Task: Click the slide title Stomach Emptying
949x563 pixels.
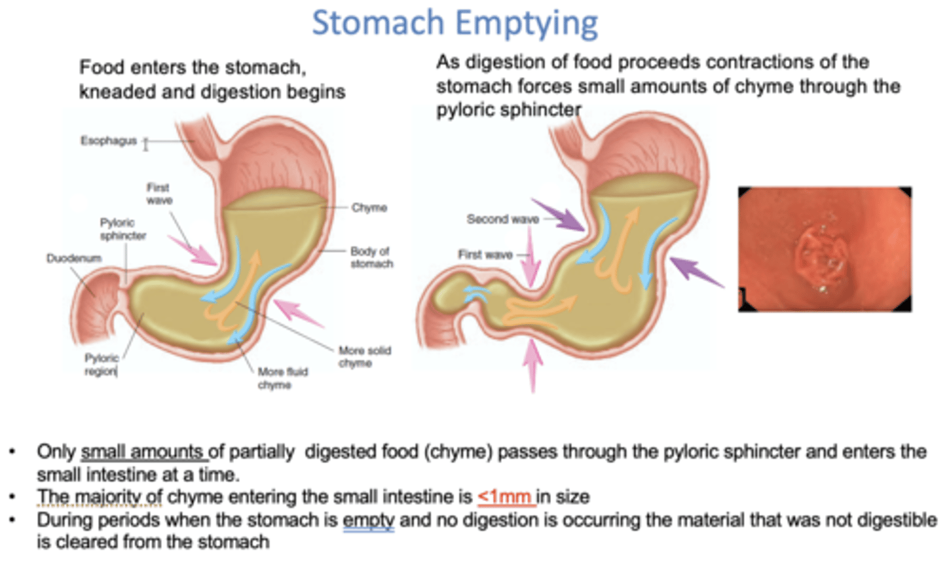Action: tap(455, 23)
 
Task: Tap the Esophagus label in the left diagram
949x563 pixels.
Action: tap(108, 140)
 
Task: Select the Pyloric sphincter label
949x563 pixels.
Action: tap(123, 229)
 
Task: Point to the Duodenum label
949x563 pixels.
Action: tap(74, 258)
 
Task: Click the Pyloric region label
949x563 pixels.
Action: tap(101, 364)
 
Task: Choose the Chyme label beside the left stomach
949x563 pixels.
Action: tap(369, 207)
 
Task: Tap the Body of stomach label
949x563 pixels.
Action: tap(372, 257)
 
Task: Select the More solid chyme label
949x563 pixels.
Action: tap(364, 356)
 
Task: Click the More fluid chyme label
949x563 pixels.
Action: tap(282, 378)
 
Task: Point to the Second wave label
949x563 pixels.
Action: tap(502, 219)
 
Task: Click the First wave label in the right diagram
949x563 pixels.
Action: tap(485, 255)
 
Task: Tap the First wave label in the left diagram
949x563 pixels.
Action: tap(159, 194)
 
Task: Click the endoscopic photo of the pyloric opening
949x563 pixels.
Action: tap(824, 249)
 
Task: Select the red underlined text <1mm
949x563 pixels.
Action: tap(505, 496)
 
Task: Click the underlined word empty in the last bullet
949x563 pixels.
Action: tap(368, 520)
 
